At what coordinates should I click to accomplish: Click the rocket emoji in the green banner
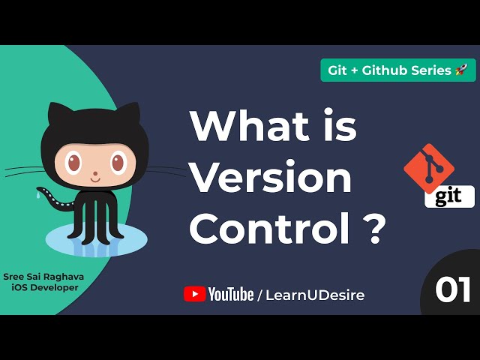[x=461, y=70]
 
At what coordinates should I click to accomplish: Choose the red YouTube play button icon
[x=194, y=294]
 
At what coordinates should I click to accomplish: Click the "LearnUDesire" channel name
[x=316, y=295]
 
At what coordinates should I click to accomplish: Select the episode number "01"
[x=454, y=289]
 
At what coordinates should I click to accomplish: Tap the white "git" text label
[x=449, y=196]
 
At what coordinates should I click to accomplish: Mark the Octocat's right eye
[x=118, y=161]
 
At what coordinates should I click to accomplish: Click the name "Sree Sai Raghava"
[x=43, y=277]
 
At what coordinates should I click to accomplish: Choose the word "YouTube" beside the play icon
[x=231, y=295]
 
